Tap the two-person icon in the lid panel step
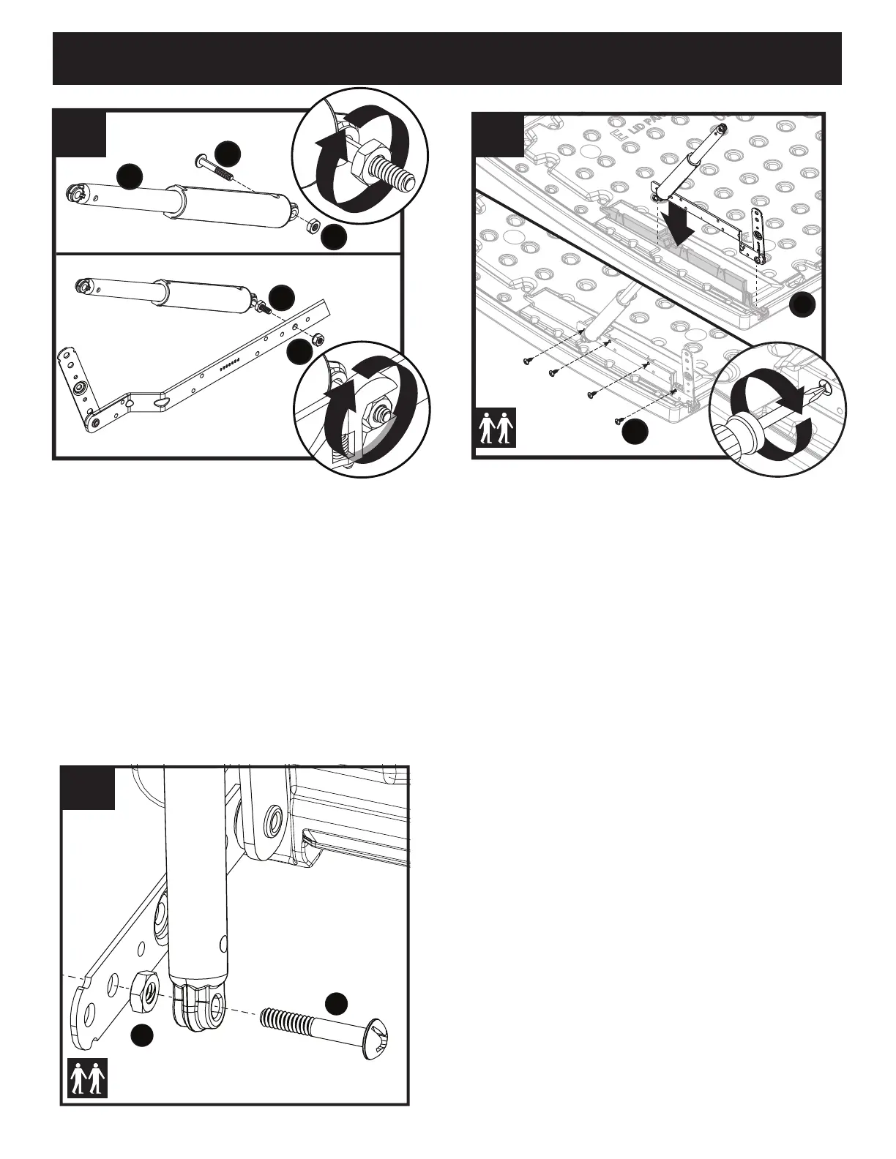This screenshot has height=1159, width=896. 496,427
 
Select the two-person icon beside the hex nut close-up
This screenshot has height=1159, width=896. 88,1079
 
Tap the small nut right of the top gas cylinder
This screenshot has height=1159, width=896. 311,225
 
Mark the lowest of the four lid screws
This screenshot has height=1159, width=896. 619,421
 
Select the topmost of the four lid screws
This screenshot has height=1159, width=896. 527,361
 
